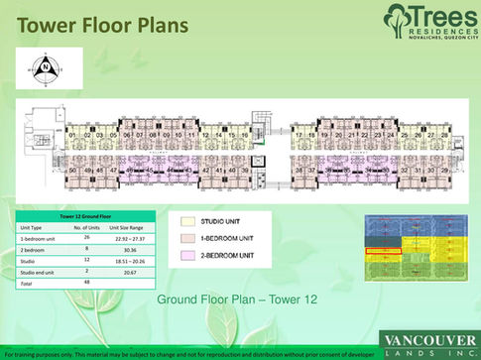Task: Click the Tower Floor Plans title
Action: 98,23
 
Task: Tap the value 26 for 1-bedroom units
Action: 87,239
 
